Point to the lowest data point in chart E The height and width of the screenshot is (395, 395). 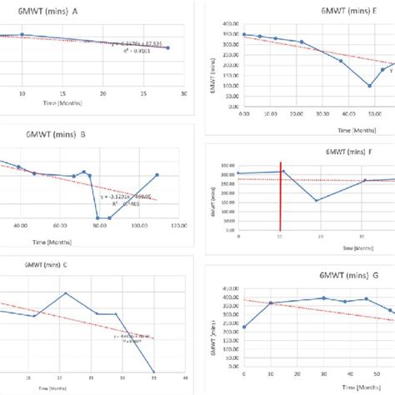(370, 85)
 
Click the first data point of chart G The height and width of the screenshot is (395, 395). (243, 327)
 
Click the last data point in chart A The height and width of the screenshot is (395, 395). (168, 47)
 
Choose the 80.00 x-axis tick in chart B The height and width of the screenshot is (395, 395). (99, 225)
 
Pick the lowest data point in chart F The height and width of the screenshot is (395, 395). (316, 200)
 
